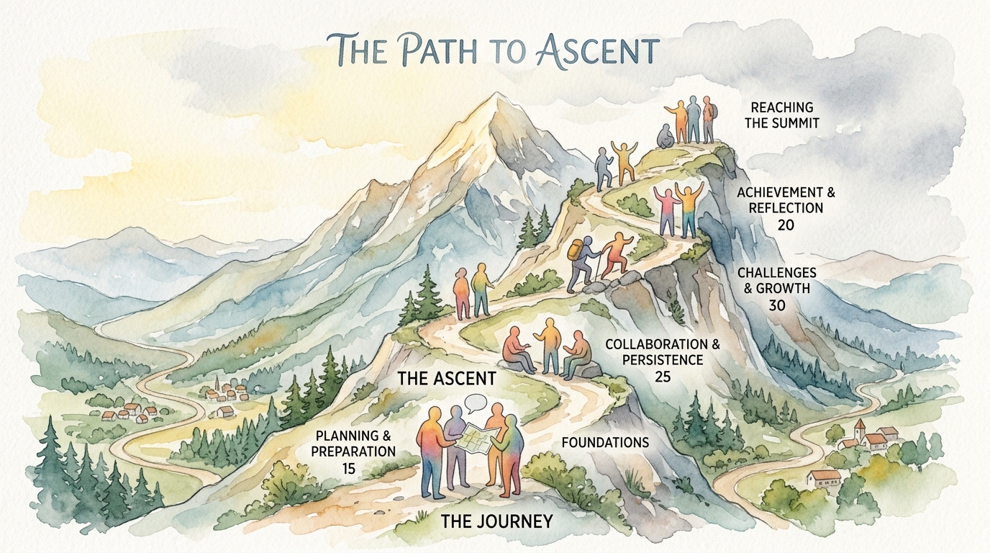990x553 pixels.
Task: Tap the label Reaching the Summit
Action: [x=782, y=115]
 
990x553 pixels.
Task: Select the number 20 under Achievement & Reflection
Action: [x=786, y=225]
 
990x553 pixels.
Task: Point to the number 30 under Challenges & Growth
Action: [x=776, y=305]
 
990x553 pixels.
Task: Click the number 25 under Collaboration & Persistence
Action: [x=663, y=377]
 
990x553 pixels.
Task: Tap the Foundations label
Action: [x=605, y=442]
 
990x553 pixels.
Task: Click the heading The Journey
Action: [x=496, y=521]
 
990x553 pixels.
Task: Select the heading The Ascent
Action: [x=447, y=379]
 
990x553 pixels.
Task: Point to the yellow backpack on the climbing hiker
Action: [x=575, y=251]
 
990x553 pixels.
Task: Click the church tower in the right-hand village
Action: [x=860, y=430]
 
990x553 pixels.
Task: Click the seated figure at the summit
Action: [x=665, y=136]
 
